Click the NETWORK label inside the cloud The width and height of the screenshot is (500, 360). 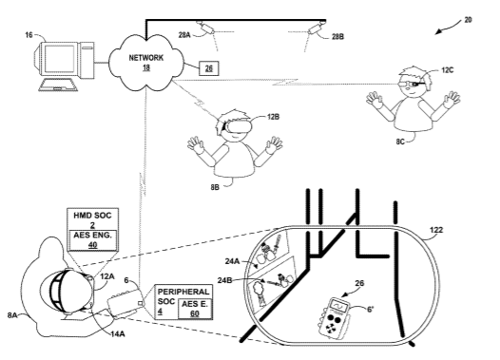pyautogui.click(x=146, y=58)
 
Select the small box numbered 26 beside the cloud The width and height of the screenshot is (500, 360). pyautogui.click(x=209, y=68)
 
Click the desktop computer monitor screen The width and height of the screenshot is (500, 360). pyautogui.click(x=59, y=59)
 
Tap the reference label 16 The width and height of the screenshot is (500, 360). pyautogui.click(x=29, y=35)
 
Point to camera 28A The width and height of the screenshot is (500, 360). pyautogui.click(x=205, y=28)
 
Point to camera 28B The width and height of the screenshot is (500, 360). pyautogui.click(x=317, y=28)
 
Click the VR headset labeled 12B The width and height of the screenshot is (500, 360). pyautogui.click(x=239, y=126)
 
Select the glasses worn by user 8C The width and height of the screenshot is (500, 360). pyautogui.click(x=412, y=85)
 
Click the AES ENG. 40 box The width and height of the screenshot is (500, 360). pyautogui.click(x=92, y=239)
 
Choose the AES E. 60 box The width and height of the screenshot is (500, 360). pyautogui.click(x=195, y=309)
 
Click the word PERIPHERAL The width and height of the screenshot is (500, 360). pyautogui.click(x=183, y=292)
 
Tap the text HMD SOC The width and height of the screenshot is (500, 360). pyautogui.click(x=92, y=216)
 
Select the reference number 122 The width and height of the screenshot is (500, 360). pyautogui.click(x=436, y=230)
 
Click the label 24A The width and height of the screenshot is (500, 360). pyautogui.click(x=232, y=261)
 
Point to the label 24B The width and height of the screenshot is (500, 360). pyautogui.click(x=224, y=280)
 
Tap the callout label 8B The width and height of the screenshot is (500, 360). pyautogui.click(x=215, y=187)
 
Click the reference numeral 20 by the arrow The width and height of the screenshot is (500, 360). pyautogui.click(x=468, y=20)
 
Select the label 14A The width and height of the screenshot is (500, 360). pyautogui.click(x=118, y=333)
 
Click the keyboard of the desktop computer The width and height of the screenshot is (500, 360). pyautogui.click(x=58, y=85)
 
